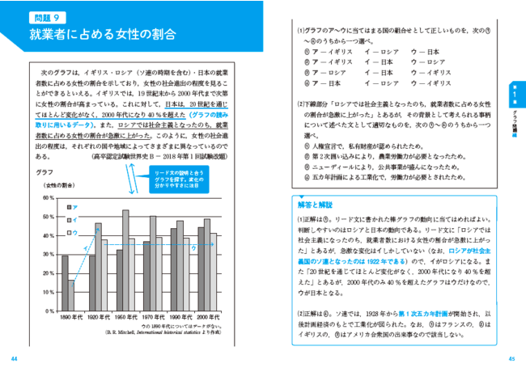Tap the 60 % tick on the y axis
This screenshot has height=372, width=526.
[x=48, y=197]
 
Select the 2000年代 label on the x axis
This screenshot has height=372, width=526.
[x=207, y=317]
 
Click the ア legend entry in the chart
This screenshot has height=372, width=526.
[x=71, y=207]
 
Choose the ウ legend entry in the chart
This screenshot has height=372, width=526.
[x=71, y=231]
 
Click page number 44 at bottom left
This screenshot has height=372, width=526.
[x=15, y=359]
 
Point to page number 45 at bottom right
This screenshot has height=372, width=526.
[x=511, y=359]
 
